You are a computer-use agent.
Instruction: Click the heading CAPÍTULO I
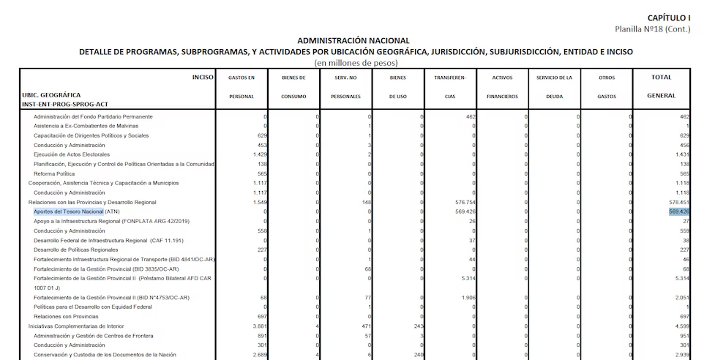(x=669, y=18)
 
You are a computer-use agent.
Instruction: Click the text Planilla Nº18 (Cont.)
(x=653, y=29)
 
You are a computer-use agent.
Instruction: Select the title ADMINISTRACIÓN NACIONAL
(x=353, y=41)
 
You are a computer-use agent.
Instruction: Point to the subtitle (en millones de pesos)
(x=356, y=63)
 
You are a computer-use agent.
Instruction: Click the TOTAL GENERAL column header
(x=661, y=86)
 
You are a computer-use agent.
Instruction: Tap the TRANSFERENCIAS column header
(x=450, y=86)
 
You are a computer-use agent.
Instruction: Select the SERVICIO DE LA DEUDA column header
(x=554, y=86)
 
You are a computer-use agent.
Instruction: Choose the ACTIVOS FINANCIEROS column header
(x=502, y=86)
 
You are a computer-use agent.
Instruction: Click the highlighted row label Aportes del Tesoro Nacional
(x=68, y=211)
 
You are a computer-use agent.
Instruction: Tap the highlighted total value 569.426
(x=679, y=211)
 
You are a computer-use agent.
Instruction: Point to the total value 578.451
(x=678, y=202)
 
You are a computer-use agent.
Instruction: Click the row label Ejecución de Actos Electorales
(x=72, y=154)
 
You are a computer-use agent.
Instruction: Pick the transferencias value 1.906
(x=468, y=298)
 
